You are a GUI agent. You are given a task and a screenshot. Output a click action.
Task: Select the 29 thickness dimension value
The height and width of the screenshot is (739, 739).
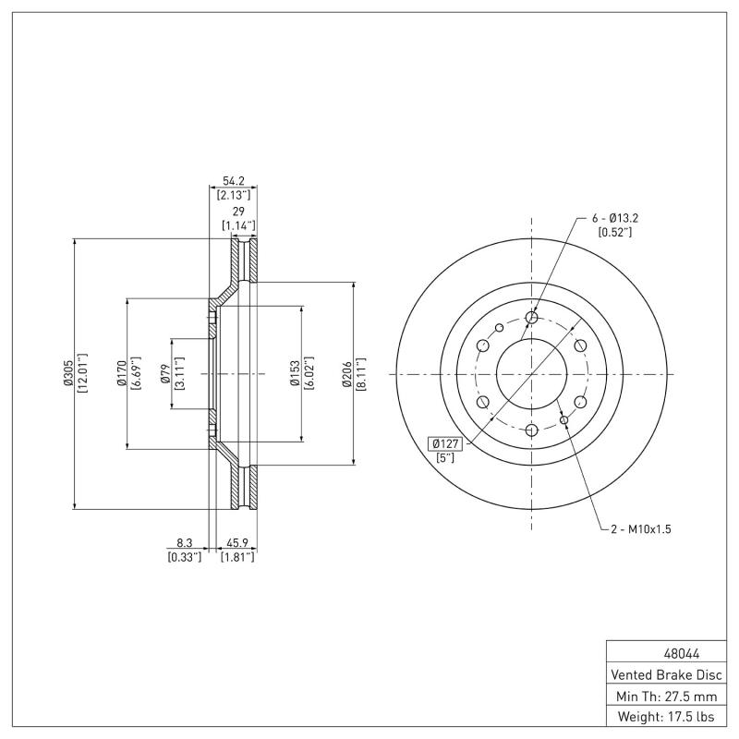237,212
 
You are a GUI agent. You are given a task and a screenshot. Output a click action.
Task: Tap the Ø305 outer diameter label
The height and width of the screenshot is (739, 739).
68,373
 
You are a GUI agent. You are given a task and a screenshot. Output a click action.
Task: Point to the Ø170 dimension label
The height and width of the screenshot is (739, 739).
121,373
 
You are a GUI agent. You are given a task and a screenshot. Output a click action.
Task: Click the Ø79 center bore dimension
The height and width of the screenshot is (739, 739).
164,373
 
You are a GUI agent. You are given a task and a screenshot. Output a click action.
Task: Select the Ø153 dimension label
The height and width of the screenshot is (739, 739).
295,373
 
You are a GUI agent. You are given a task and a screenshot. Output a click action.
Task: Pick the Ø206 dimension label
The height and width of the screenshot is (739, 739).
346,373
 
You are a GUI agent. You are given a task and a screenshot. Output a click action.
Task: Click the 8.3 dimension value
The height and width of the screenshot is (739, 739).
184,544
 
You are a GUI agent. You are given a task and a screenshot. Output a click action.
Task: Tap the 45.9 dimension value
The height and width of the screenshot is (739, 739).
236,544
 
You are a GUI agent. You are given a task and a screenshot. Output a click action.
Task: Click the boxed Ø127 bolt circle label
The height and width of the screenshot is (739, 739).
444,442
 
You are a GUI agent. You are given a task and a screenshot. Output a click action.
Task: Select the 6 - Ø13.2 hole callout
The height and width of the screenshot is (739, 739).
616,218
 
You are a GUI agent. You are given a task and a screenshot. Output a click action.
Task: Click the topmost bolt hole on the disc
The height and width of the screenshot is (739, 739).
531,318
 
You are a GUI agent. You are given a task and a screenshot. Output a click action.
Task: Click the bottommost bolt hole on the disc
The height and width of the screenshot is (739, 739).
531,430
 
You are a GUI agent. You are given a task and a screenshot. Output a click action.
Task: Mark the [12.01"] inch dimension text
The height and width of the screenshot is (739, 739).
82,373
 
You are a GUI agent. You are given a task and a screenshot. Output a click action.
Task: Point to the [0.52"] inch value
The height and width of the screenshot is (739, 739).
615,232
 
